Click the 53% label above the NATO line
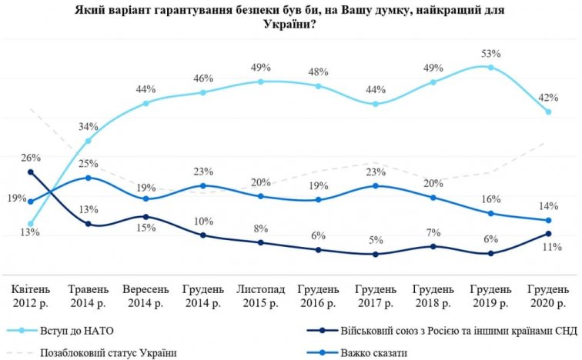click(491, 54)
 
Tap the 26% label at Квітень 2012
click(32, 158)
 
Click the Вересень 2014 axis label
click(145, 296)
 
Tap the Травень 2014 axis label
click(88, 296)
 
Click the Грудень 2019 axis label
click(490, 296)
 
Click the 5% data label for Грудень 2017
click(376, 238)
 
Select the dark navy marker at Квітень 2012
click(30, 172)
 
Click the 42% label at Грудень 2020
click(547, 98)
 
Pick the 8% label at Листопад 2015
click(262, 228)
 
